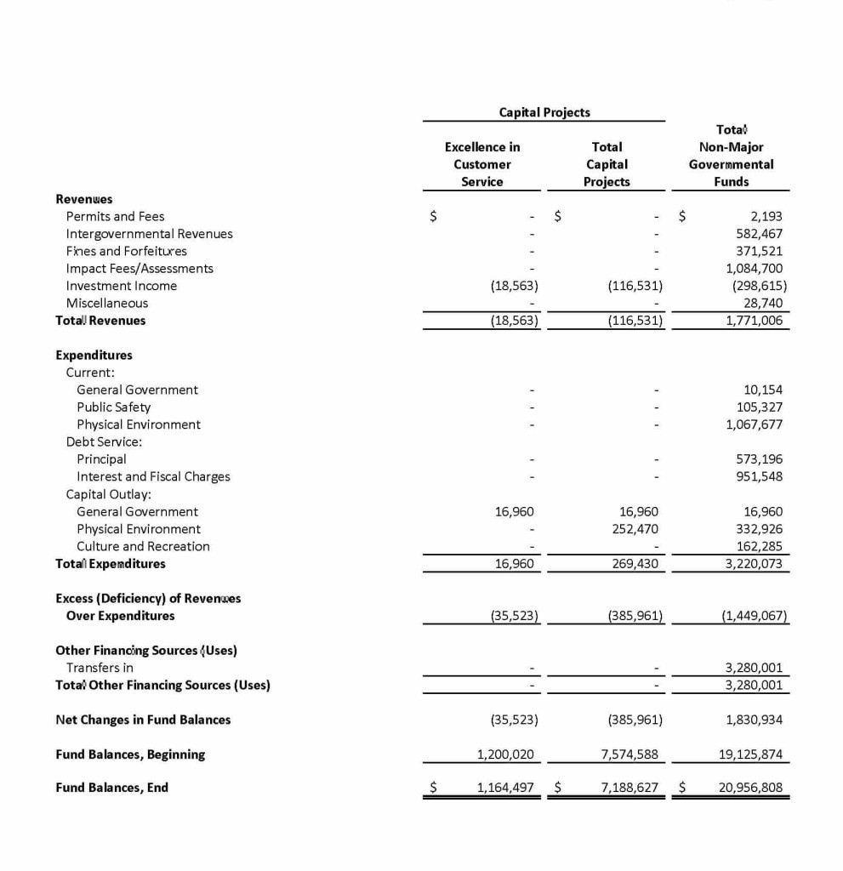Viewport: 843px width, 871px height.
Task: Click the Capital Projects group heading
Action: tap(544, 111)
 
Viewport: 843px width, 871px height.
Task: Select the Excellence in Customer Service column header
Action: tap(481, 164)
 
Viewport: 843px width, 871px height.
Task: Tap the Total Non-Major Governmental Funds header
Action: tap(731, 156)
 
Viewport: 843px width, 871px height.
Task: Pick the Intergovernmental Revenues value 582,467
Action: tap(759, 234)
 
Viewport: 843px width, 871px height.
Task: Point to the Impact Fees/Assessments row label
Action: tap(140, 269)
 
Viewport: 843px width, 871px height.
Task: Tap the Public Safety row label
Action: tap(113, 407)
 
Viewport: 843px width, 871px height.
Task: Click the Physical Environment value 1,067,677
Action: tap(754, 424)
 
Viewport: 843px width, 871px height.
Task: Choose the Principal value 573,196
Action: tap(759, 459)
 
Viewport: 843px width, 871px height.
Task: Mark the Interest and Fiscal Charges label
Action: tap(153, 476)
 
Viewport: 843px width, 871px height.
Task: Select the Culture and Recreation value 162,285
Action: tap(759, 546)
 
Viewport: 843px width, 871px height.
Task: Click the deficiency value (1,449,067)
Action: tap(754, 616)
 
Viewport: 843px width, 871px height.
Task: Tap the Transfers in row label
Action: tap(100, 668)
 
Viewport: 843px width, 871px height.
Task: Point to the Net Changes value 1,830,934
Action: tap(754, 720)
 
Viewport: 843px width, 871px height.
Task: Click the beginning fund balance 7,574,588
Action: tap(632, 754)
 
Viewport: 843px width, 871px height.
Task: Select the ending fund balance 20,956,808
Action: tap(750, 788)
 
